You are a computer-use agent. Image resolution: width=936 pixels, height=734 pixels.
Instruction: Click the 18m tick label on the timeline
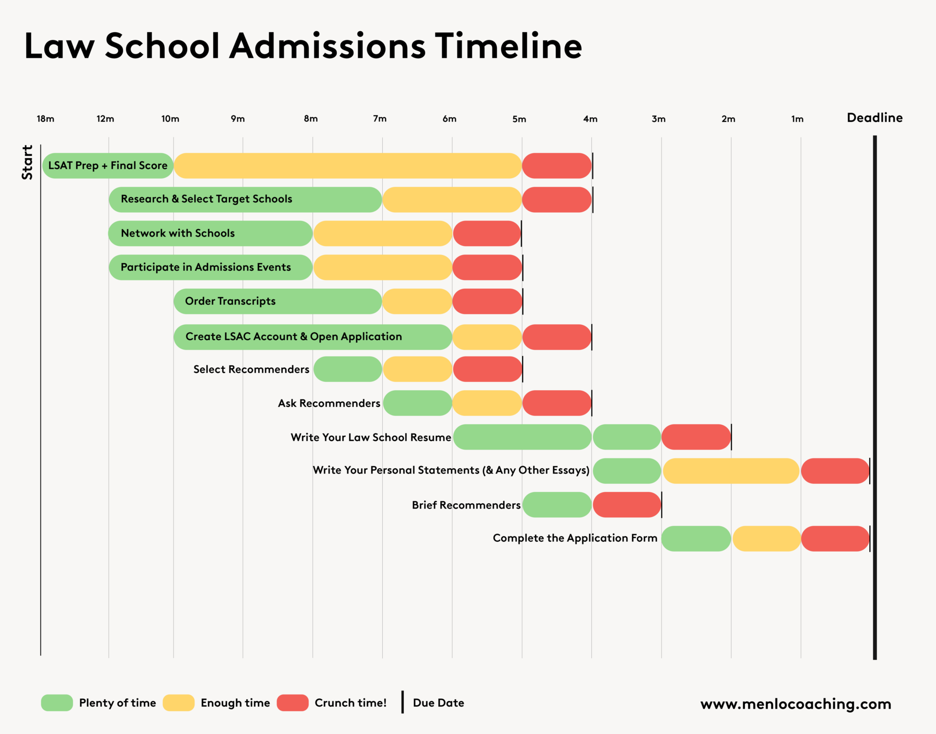click(x=45, y=119)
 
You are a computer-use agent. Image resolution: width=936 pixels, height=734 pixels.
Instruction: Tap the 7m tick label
click(x=380, y=119)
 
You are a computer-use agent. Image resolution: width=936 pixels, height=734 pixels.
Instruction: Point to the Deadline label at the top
click(x=875, y=118)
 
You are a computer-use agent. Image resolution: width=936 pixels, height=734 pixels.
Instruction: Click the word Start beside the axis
click(x=27, y=162)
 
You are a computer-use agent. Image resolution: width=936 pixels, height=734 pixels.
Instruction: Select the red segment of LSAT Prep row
click(x=557, y=166)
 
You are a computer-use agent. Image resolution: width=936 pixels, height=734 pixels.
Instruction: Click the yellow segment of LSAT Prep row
click(x=348, y=166)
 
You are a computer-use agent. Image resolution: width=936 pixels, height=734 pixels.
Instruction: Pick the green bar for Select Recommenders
click(x=348, y=369)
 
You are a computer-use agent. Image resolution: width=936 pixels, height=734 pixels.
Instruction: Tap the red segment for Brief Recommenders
click(x=627, y=505)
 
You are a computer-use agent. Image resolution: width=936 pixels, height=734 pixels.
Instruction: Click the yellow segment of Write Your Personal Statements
click(x=731, y=471)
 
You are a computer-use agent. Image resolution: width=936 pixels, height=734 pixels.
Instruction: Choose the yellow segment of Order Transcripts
click(x=417, y=301)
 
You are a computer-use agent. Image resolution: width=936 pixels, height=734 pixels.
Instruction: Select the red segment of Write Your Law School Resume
click(x=696, y=437)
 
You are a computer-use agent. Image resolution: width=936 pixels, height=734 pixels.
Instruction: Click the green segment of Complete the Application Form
click(x=696, y=538)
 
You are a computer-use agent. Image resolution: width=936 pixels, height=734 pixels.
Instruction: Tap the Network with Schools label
click(x=178, y=234)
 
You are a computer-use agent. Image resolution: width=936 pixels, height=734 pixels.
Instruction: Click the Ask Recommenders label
click(x=329, y=403)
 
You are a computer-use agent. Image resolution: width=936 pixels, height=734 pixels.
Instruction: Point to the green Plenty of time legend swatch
click(x=57, y=703)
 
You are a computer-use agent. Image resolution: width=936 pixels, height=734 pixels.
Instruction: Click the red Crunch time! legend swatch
click(x=292, y=703)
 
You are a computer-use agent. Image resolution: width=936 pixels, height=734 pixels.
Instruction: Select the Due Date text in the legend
click(x=438, y=703)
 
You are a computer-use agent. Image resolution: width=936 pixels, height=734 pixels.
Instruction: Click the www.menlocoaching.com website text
click(x=796, y=704)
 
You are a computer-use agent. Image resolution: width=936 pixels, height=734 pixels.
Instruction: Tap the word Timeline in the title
click(x=508, y=46)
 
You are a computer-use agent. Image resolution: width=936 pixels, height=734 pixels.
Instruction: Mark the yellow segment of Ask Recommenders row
click(x=487, y=403)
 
